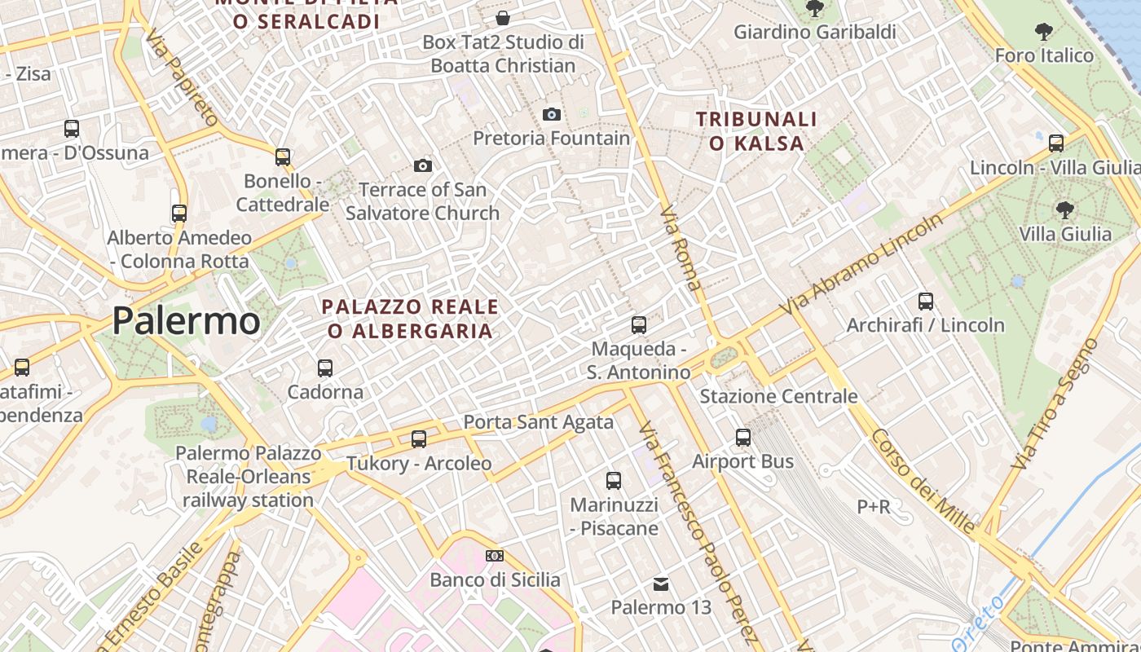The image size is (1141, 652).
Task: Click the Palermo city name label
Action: (x=186, y=320)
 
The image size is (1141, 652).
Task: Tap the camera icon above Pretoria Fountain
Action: (x=552, y=114)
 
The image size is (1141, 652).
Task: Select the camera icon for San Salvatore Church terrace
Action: (x=422, y=166)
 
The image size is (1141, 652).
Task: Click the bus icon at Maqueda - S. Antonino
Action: (x=639, y=325)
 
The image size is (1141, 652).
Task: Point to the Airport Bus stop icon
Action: (x=743, y=438)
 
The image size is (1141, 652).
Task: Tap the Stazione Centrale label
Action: (x=778, y=397)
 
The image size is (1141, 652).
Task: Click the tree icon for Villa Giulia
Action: (x=1064, y=210)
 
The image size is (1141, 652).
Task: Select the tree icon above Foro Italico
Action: (x=1043, y=33)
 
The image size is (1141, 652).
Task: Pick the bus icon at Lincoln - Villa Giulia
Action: (x=1056, y=143)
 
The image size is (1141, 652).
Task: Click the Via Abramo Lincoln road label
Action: (x=861, y=264)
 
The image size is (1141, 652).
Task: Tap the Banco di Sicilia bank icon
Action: (x=494, y=557)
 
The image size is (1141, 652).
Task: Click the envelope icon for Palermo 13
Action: (x=661, y=584)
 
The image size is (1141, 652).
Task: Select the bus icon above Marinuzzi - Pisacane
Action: (x=614, y=481)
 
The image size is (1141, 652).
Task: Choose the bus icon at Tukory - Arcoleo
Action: (x=419, y=439)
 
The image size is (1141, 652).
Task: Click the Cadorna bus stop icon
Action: (x=325, y=368)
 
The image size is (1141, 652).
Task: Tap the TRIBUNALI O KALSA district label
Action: (x=756, y=131)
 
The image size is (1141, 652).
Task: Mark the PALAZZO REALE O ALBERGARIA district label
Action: (x=410, y=319)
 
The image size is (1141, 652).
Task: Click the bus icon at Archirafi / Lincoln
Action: (x=925, y=302)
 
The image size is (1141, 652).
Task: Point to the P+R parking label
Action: (x=873, y=507)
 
